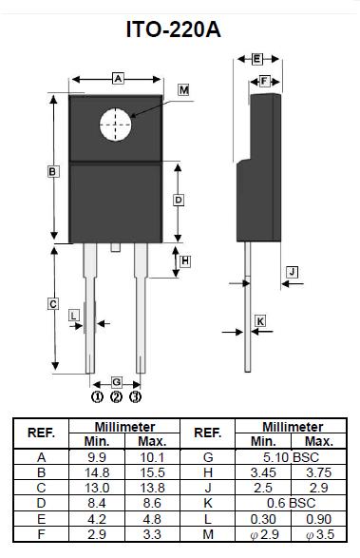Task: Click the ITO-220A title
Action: pyautogui.click(x=174, y=29)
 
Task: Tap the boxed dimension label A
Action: pyautogui.click(x=118, y=78)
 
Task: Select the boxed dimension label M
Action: pyautogui.click(x=184, y=90)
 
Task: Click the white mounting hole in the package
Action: pyautogui.click(x=115, y=125)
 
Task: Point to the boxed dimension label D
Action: pyautogui.click(x=179, y=200)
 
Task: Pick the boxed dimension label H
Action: pyautogui.click(x=185, y=261)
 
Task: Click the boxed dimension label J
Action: pyautogui.click(x=292, y=272)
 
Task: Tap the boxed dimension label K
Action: pyautogui.click(x=260, y=321)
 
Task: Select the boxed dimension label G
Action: pyautogui.click(x=116, y=382)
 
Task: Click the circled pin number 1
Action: pyautogui.click(x=97, y=396)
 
